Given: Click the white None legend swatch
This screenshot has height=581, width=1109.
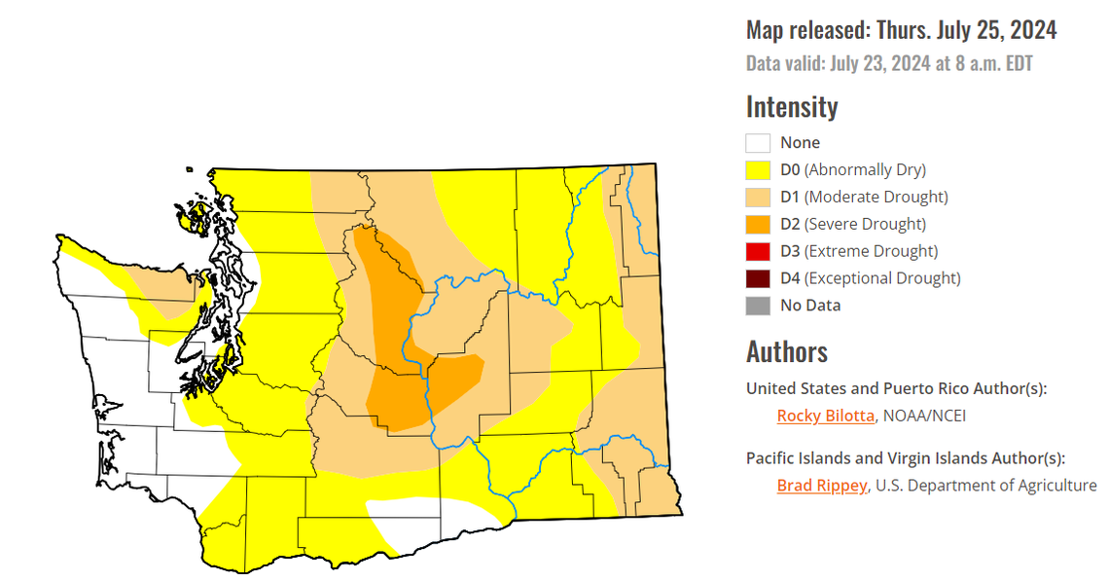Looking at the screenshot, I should click(758, 143).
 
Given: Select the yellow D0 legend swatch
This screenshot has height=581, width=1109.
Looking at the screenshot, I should click(758, 170).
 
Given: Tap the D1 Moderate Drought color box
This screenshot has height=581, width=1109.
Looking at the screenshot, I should click(758, 198).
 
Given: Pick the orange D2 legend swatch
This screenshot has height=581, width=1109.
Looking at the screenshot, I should click(758, 225).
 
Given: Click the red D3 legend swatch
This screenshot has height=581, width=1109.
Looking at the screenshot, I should click(758, 251).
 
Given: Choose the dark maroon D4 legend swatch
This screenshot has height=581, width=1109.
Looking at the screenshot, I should click(758, 278).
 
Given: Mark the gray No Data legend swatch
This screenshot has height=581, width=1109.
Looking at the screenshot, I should click(758, 306).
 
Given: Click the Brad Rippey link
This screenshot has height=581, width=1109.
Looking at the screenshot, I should click(821, 486).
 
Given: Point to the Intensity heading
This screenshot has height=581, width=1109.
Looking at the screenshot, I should click(791, 106).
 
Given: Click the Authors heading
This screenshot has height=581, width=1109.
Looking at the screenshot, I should click(786, 351).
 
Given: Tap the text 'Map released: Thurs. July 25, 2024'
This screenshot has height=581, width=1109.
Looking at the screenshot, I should click(901, 30).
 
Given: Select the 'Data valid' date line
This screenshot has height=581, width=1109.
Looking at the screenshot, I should click(889, 64).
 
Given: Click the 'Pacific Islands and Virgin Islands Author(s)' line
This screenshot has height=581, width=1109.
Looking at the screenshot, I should click(905, 458).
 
